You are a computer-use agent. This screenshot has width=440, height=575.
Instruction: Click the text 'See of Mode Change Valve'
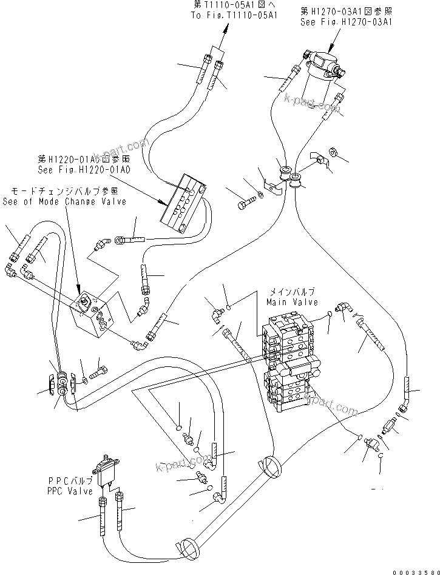64,201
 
